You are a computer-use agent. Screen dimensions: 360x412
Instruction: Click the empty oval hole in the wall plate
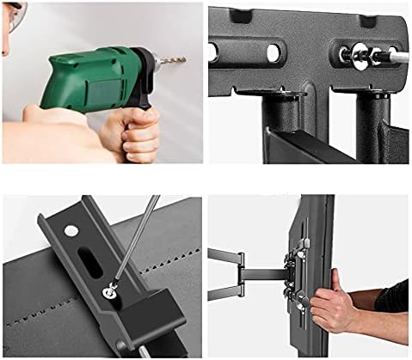coord(273,52)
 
